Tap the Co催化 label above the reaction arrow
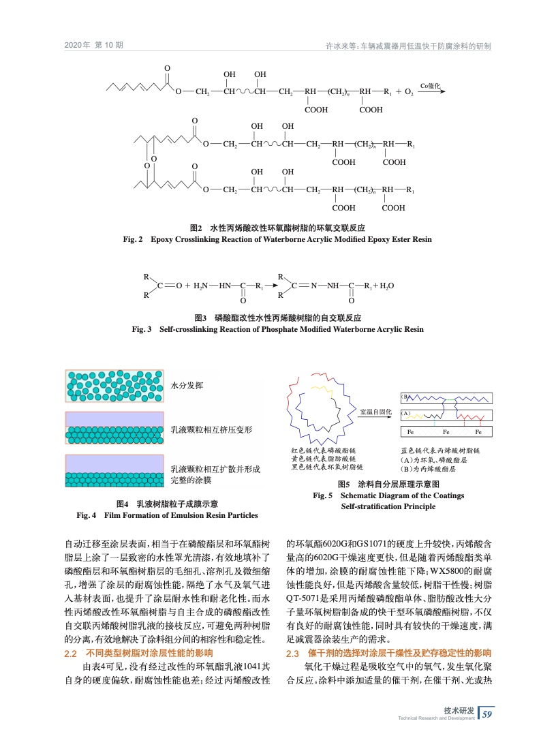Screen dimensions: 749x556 pos(431,85)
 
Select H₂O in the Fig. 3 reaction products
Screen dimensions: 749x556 pos(387,286)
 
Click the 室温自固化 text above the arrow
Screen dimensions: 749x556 pos(375,412)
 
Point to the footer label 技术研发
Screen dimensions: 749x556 pos(459,709)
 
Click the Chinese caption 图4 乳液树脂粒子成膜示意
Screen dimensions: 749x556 pos(168,504)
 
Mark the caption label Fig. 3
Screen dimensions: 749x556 pos(142,329)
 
